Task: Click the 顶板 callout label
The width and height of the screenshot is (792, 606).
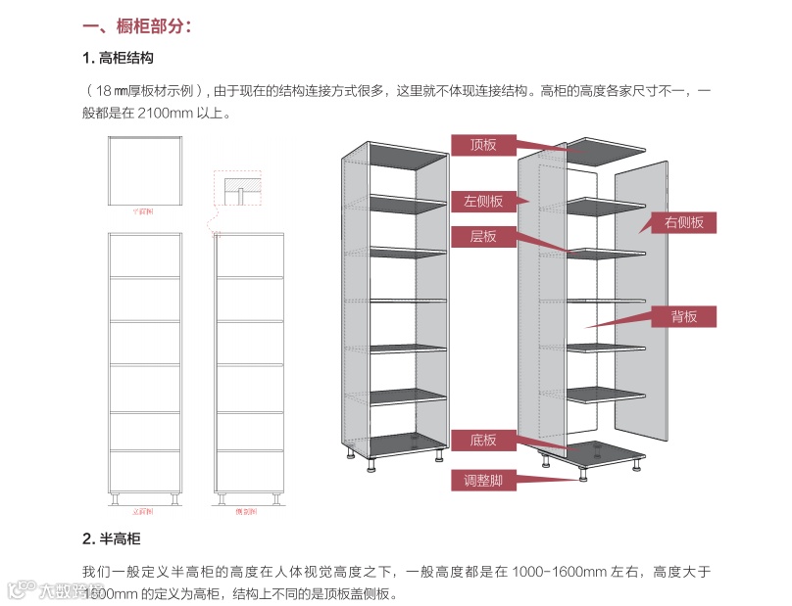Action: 483,145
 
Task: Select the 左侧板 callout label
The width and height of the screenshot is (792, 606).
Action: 483,201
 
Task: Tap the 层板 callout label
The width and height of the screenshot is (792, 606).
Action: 483,236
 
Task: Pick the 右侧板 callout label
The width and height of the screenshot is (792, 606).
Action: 684,222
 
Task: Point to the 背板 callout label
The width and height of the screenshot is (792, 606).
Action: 684,316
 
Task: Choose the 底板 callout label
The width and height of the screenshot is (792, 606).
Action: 483,441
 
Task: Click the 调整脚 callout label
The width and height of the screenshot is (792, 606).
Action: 483,480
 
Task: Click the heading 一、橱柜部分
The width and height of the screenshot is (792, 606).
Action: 137,26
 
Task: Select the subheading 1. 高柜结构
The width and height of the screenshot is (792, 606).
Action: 119,59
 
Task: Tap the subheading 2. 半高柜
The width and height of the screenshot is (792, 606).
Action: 112,539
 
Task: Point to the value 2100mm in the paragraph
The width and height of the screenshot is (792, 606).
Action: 157,114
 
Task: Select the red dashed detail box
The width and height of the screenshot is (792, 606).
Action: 238,187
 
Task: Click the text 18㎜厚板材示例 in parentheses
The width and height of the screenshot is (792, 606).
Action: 143,91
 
